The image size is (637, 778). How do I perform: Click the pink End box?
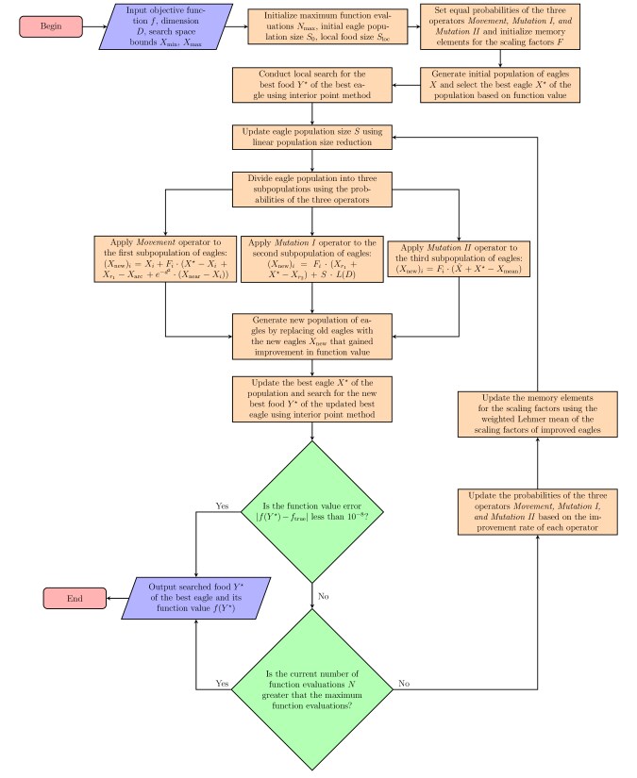(x=75, y=598)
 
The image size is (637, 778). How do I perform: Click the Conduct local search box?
(x=311, y=85)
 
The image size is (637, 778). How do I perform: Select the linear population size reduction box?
(x=311, y=136)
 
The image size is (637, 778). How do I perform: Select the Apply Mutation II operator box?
(x=457, y=258)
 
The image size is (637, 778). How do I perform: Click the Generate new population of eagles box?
(x=311, y=337)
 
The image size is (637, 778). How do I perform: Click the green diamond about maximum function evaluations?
(x=311, y=682)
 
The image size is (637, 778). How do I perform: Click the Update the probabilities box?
(x=537, y=512)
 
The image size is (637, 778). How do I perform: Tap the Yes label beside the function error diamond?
(x=223, y=505)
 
